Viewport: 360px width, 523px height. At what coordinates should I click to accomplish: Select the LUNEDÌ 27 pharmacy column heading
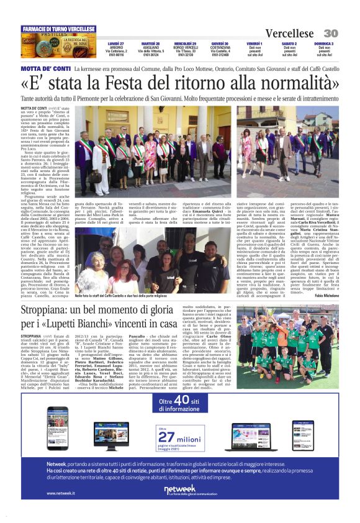click(115, 43)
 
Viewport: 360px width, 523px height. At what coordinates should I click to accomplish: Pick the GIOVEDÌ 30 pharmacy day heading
click(219, 43)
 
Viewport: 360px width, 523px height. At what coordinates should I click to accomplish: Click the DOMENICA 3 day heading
click(324, 43)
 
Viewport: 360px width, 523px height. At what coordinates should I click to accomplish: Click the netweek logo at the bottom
click(179, 491)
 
